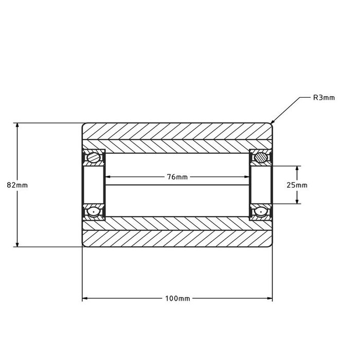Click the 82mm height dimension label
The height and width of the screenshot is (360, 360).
pos(10,185)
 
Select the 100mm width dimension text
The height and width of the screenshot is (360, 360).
pos(177,298)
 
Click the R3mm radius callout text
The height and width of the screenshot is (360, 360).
pos(324,97)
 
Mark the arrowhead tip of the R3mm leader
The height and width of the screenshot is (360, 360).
pos(272,123)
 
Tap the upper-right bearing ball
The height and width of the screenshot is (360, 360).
pos(261,157)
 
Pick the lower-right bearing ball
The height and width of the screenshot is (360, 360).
pos(261,211)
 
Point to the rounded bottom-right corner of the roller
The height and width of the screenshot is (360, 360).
pos(271,245)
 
